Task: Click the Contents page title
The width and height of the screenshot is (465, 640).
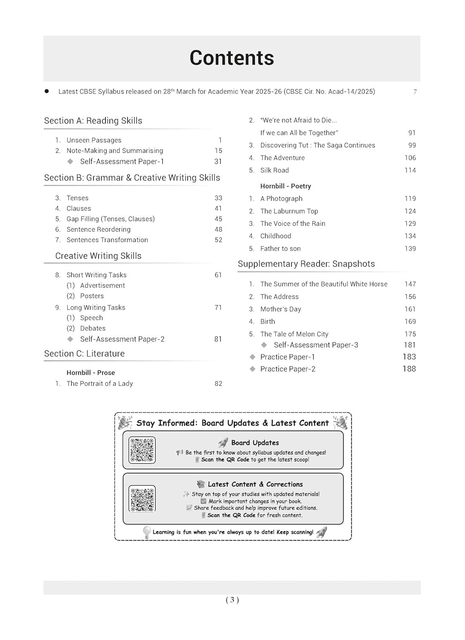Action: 231,58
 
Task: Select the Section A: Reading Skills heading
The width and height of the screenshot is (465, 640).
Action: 93,121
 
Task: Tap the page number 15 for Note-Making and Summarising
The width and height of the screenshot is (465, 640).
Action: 218,151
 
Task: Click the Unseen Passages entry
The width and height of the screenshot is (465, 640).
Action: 94,140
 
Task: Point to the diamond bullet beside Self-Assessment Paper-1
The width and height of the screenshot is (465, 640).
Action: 70,161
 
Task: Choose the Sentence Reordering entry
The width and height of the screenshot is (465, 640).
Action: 98,230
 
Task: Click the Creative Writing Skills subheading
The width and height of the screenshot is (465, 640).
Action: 98,256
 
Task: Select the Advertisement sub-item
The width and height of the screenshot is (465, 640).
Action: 102,285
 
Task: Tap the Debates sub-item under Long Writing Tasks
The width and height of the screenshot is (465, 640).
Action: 92,328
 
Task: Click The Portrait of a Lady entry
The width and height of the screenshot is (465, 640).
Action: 100,384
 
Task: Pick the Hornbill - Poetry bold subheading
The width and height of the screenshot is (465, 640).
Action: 286,186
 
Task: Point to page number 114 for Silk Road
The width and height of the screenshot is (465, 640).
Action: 410,170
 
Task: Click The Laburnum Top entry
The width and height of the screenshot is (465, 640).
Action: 289,211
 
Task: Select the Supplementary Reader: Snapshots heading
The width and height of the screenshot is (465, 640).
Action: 306,264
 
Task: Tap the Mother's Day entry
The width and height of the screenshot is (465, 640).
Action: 280,309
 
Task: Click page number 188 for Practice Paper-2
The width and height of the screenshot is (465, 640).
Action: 409,369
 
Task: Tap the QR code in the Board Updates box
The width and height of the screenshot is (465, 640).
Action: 142,450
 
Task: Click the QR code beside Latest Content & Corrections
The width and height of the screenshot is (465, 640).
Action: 142,498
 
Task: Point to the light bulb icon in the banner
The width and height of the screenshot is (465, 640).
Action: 147,532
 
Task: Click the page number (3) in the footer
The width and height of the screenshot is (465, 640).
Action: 232,600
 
